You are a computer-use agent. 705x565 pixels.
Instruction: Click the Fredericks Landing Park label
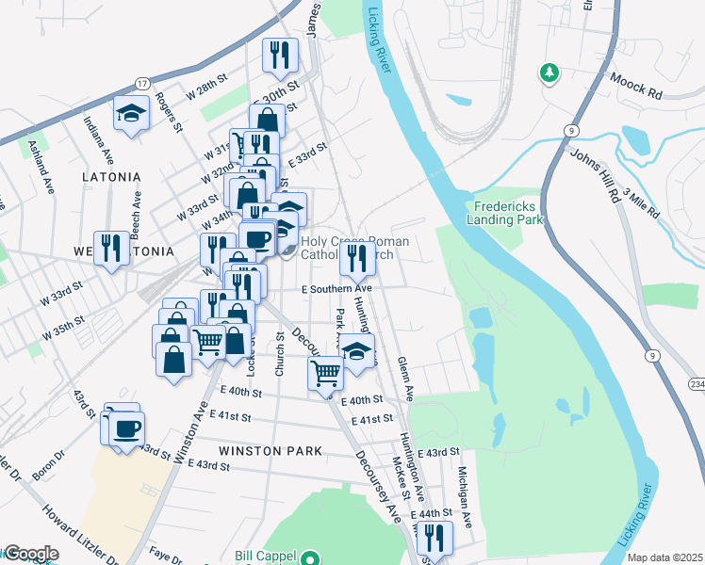click(x=510, y=212)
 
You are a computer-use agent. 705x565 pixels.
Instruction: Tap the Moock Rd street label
click(x=637, y=88)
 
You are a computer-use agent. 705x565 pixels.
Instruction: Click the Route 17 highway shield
click(x=142, y=84)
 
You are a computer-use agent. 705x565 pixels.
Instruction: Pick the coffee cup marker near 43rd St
click(x=126, y=429)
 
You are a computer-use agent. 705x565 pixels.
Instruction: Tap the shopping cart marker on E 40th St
click(x=327, y=373)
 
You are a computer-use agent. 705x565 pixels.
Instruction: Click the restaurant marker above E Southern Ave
click(x=357, y=258)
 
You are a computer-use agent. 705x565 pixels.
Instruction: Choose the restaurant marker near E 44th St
click(x=434, y=538)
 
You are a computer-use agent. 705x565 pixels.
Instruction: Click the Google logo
click(x=31, y=554)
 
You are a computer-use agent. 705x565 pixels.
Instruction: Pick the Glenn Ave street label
click(x=406, y=375)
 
